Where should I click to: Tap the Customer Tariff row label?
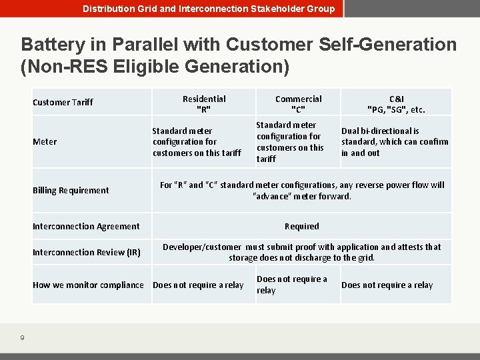[x=63, y=102]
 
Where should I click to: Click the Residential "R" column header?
[x=204, y=104]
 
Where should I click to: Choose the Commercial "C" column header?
[x=298, y=104]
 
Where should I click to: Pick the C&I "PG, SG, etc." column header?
[x=396, y=104]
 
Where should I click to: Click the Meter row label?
[x=45, y=141]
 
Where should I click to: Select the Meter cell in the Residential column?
[x=197, y=142]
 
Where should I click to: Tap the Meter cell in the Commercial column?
[x=290, y=141]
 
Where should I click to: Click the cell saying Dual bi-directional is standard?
[x=395, y=141]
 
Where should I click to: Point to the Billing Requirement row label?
[x=71, y=190]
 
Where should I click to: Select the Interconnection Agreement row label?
[x=86, y=226]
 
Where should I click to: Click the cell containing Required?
[x=301, y=226]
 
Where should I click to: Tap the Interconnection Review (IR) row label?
[x=86, y=252]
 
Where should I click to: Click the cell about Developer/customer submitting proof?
[x=301, y=252]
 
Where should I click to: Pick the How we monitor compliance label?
[x=88, y=285]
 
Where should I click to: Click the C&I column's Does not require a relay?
[x=387, y=285]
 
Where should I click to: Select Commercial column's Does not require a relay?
[x=292, y=285]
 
